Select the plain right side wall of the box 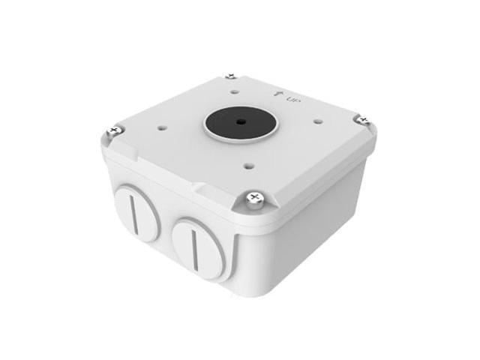coord(315,217)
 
